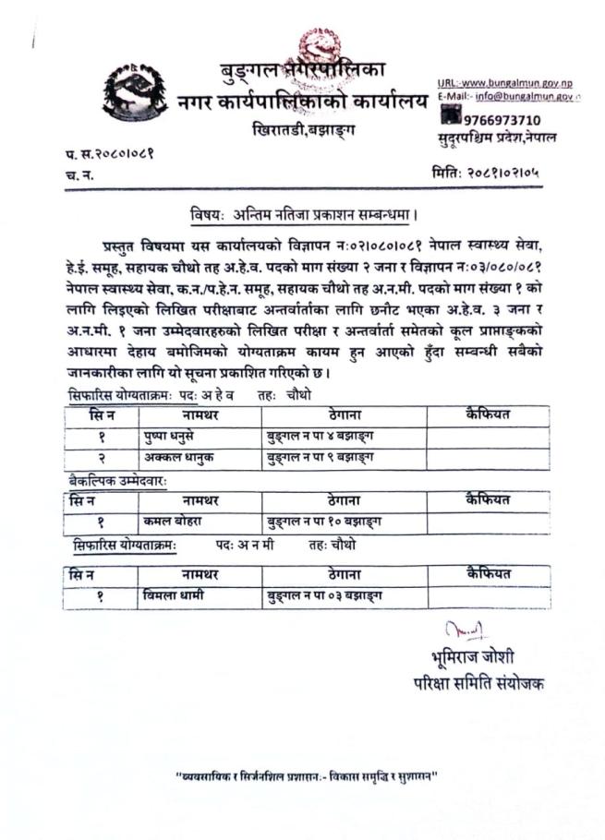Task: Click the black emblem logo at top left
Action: pyautogui.click(x=136, y=92)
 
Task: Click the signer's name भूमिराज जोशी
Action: pyautogui.click(x=466, y=659)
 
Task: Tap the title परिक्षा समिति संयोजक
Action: pyautogui.click(x=478, y=684)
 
